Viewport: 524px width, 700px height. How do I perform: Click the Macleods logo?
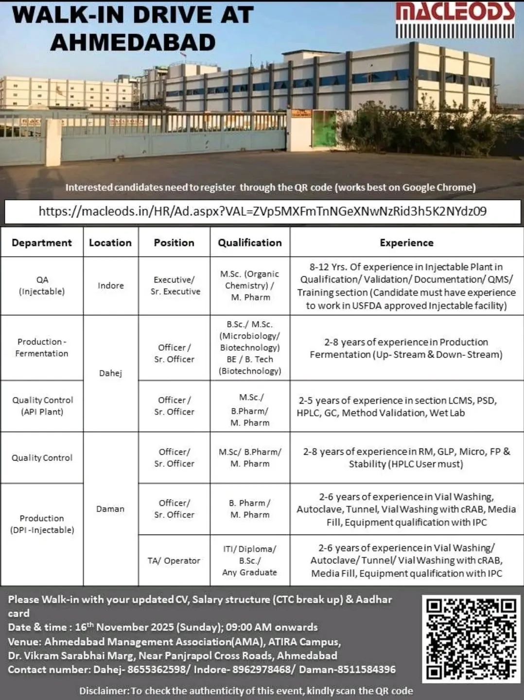click(x=455, y=20)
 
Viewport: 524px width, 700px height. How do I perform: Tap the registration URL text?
click(x=262, y=211)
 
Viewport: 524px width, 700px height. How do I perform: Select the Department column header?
click(x=42, y=242)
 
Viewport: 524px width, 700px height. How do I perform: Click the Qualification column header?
click(x=250, y=242)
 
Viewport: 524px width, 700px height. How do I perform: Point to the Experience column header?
click(x=406, y=242)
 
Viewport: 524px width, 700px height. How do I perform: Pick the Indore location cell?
click(x=111, y=286)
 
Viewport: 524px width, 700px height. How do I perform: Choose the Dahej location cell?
click(x=111, y=373)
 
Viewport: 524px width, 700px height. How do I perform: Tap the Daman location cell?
click(x=110, y=509)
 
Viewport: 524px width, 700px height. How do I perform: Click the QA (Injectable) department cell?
click(x=42, y=286)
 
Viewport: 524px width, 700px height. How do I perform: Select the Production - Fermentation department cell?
click(x=42, y=347)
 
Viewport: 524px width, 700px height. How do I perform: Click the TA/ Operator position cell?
click(x=174, y=560)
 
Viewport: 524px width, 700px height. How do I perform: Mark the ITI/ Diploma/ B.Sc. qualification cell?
click(x=250, y=560)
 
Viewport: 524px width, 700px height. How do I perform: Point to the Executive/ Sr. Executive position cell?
click(x=175, y=286)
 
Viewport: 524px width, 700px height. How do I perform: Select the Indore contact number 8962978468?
click(x=262, y=669)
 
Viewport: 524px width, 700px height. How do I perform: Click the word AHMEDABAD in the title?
click(x=133, y=42)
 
